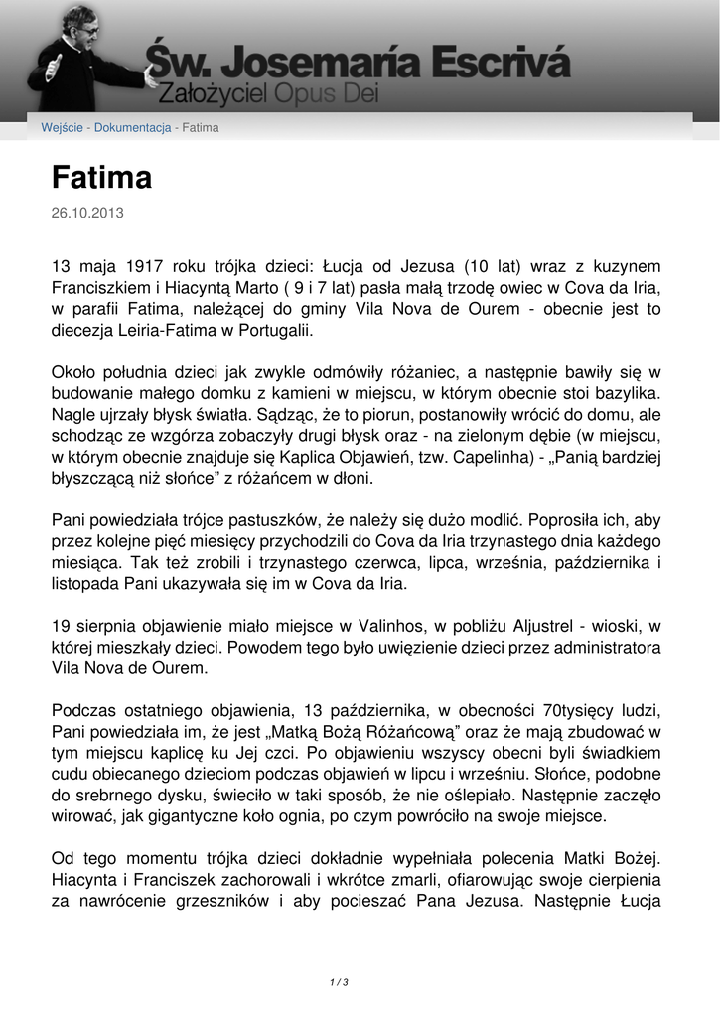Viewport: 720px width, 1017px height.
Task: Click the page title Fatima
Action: pyautogui.click(x=101, y=178)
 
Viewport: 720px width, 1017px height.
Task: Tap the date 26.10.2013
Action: pyautogui.click(x=87, y=213)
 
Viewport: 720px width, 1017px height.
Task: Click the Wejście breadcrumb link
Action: pyautogui.click(x=62, y=128)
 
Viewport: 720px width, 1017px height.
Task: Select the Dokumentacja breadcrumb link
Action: pyautogui.click(x=133, y=128)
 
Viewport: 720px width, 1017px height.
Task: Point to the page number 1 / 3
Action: pyautogui.click(x=339, y=982)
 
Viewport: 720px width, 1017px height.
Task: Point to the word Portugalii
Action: pyautogui.click(x=276, y=331)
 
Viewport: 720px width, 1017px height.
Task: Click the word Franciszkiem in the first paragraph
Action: pyautogui.click(x=96, y=288)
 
